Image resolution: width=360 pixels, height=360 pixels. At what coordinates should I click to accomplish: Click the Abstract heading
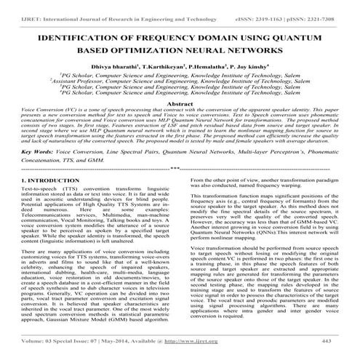tap(179, 124)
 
